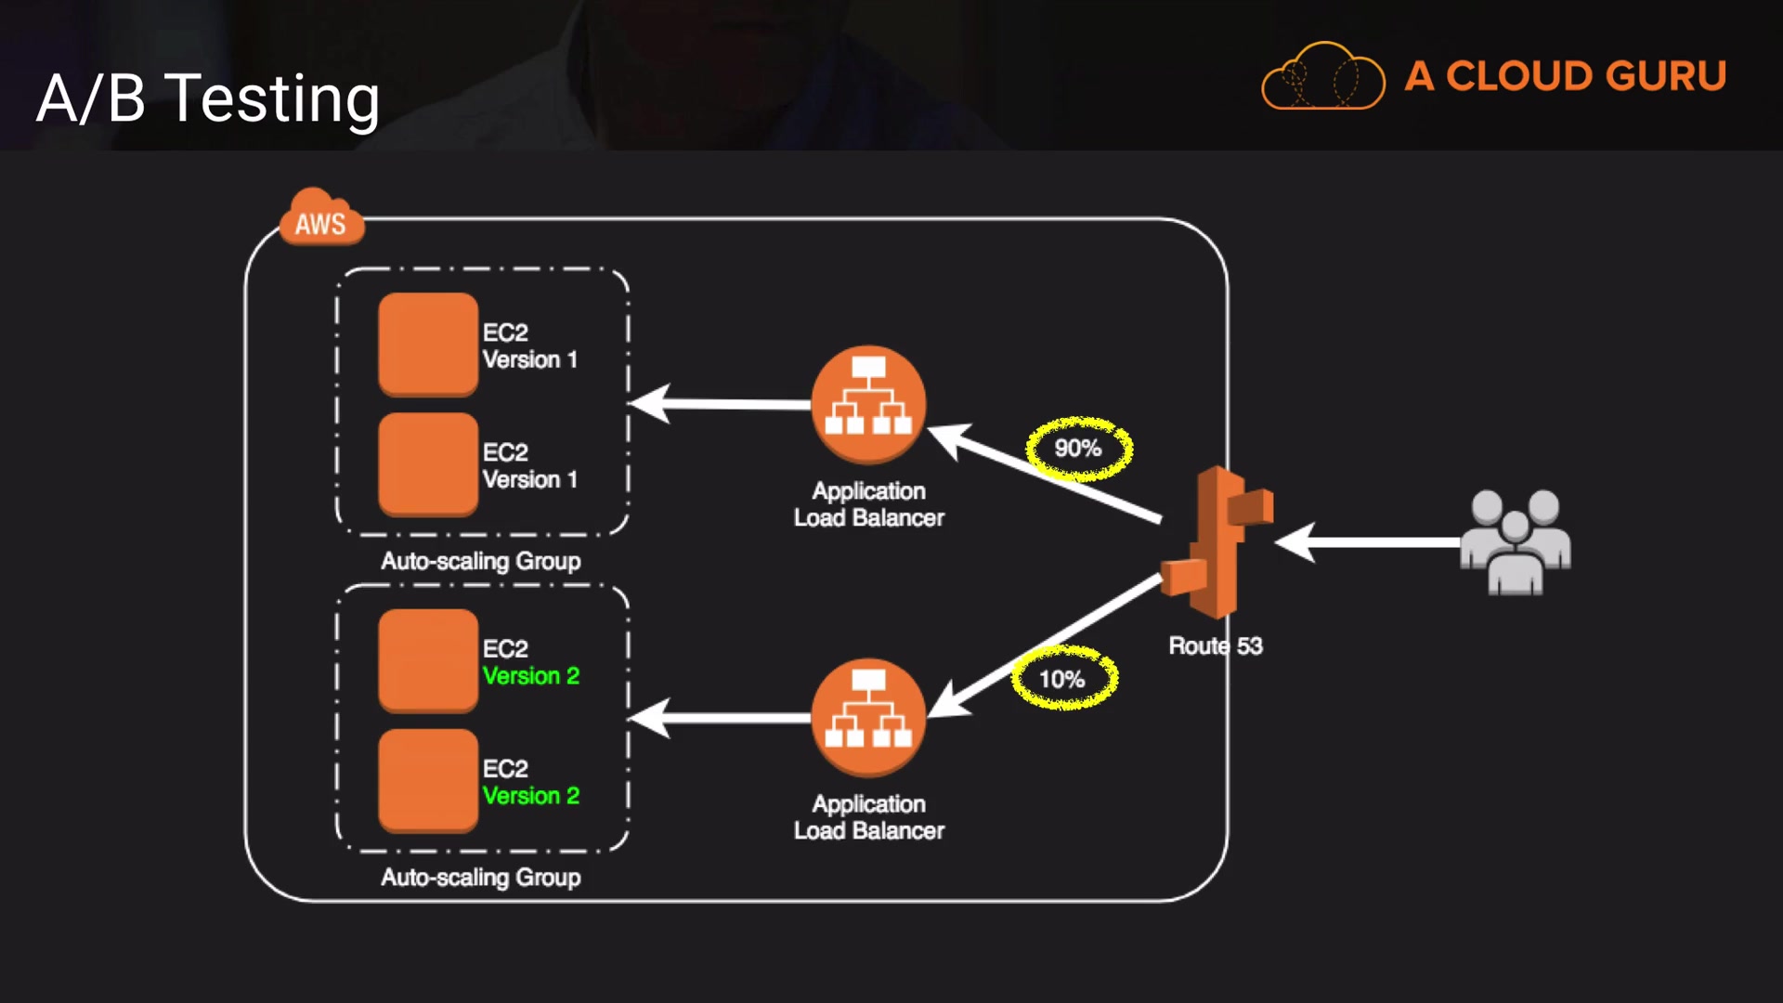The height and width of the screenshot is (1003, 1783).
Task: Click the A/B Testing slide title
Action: pos(208,98)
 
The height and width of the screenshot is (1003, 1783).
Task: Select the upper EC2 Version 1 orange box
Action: pos(428,345)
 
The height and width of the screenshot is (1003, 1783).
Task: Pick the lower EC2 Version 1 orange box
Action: pos(428,464)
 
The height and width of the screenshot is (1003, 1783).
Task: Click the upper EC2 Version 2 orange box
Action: pos(428,660)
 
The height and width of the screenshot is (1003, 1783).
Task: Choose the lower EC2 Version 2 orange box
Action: pos(428,780)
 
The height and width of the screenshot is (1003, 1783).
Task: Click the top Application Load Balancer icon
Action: pos(868,404)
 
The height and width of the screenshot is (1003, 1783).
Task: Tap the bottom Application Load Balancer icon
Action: pos(868,717)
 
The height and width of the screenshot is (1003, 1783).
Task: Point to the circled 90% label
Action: pos(1078,449)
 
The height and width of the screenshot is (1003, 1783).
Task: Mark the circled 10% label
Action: pos(1063,679)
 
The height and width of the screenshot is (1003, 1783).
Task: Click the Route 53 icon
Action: pos(1217,543)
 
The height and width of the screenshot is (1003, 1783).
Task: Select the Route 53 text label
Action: pos(1215,645)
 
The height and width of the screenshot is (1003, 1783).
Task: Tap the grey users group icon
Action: pos(1516,542)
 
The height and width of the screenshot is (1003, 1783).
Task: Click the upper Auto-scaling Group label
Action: pos(481,561)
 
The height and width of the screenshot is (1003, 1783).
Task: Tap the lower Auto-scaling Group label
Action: pos(481,878)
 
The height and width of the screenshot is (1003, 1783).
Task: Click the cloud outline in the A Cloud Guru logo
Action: pos(1323,76)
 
